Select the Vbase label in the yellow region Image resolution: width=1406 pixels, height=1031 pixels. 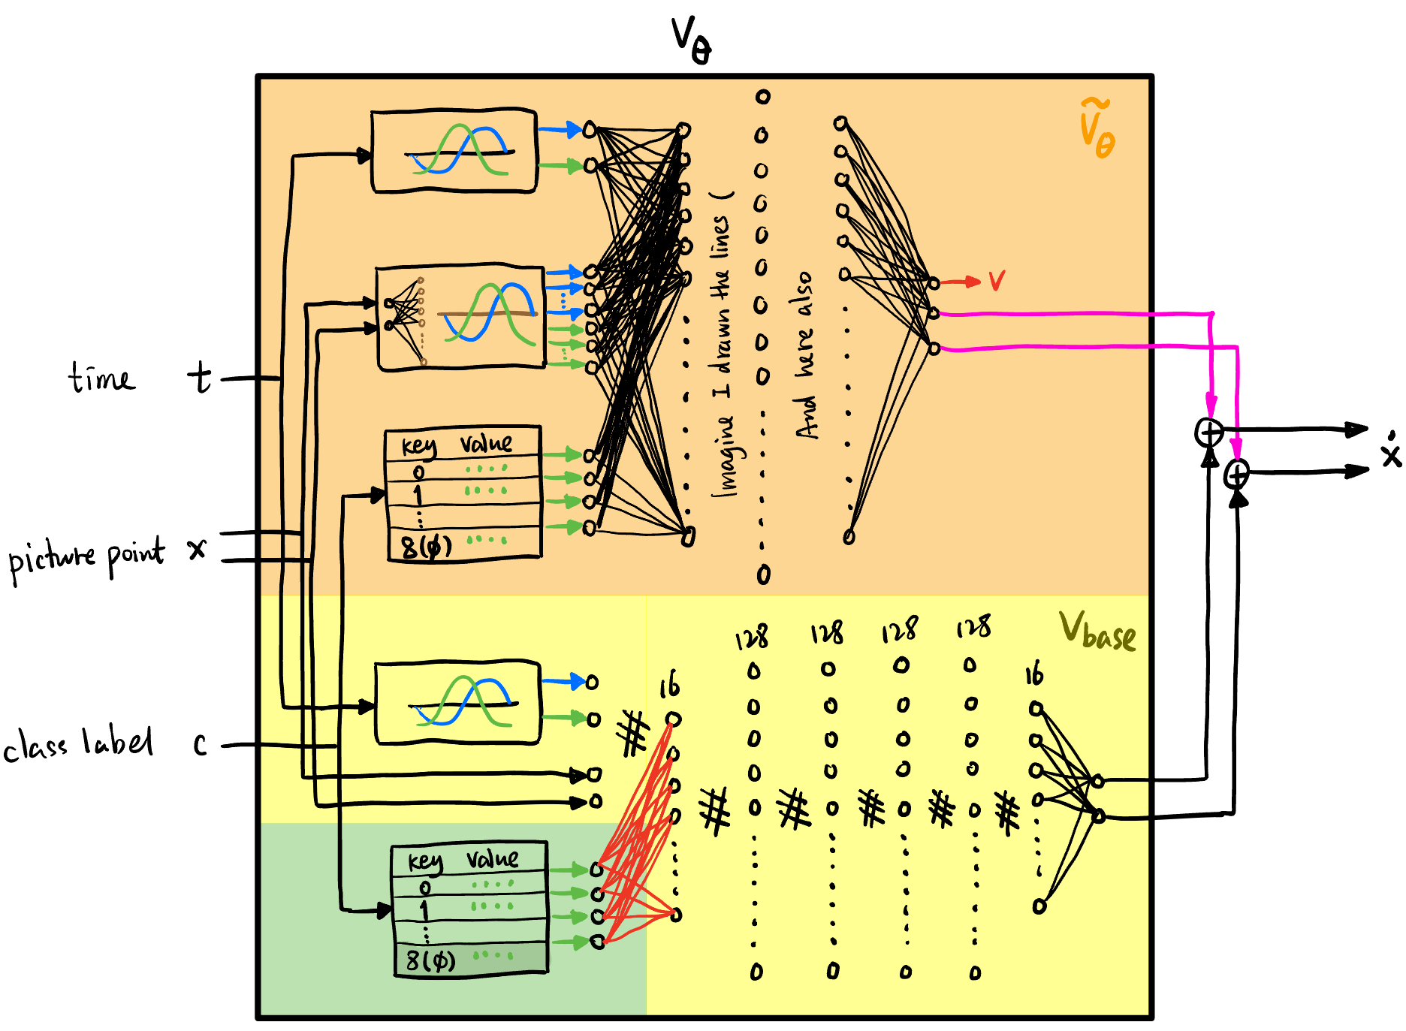click(x=1097, y=632)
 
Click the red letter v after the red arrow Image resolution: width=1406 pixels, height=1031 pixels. click(x=996, y=281)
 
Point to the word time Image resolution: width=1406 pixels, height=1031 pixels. click(x=102, y=378)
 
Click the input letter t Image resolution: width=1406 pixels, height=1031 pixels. click(x=200, y=377)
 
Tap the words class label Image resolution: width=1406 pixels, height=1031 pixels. click(x=78, y=744)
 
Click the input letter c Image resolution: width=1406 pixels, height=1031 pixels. click(x=200, y=744)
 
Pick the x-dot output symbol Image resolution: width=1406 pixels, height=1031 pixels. click(x=1390, y=451)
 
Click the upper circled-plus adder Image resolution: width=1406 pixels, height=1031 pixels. click(x=1208, y=433)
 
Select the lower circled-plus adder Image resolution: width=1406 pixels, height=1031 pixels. click(x=1236, y=474)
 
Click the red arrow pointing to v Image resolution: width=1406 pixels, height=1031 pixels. click(x=961, y=282)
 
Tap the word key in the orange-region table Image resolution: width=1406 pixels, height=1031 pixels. click(x=418, y=445)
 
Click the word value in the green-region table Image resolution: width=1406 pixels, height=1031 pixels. click(x=492, y=858)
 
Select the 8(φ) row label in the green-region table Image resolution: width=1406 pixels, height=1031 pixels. click(x=430, y=960)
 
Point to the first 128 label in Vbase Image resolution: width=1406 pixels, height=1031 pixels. click(x=751, y=638)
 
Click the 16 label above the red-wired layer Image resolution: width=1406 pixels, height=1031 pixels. click(x=669, y=685)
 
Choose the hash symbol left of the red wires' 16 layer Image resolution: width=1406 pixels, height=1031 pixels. click(x=633, y=733)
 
